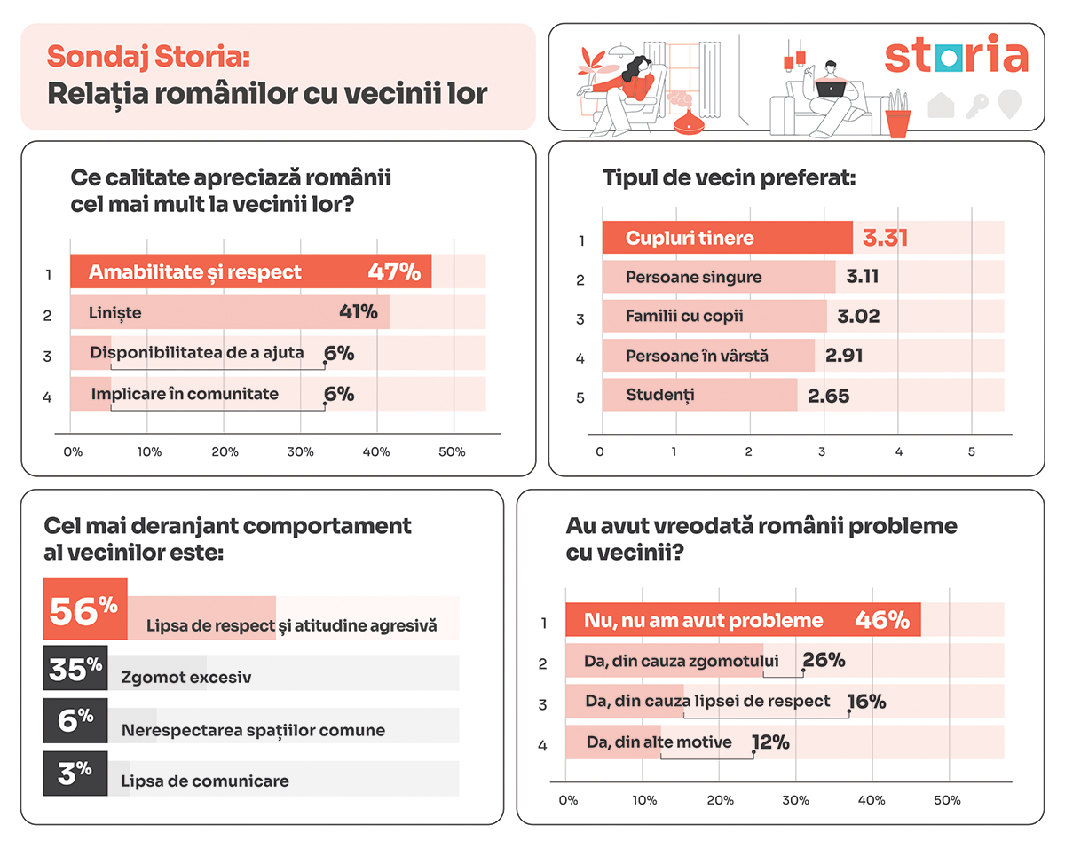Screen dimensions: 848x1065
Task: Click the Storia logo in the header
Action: click(x=956, y=56)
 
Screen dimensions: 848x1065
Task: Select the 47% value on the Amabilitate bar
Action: click(x=394, y=271)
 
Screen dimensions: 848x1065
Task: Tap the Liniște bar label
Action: click(x=115, y=312)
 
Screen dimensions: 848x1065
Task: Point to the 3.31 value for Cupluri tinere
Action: click(x=885, y=238)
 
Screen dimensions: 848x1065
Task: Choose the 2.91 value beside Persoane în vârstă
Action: click(x=843, y=356)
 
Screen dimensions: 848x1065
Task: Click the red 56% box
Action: click(x=84, y=609)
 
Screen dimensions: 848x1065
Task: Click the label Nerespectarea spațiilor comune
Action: click(x=253, y=731)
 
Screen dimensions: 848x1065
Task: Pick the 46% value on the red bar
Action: click(x=882, y=620)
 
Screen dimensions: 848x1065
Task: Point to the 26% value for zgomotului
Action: click(x=824, y=661)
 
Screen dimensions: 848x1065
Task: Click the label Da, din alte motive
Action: click(x=659, y=742)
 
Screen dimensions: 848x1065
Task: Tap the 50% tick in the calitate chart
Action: click(x=452, y=452)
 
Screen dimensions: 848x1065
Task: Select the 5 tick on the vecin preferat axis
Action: click(x=971, y=452)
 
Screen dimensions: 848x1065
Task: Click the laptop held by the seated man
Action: click(x=831, y=88)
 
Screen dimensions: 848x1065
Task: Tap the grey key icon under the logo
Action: click(x=978, y=104)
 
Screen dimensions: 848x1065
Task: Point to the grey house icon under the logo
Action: click(x=941, y=104)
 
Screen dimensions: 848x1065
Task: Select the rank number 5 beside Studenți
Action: click(x=580, y=398)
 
